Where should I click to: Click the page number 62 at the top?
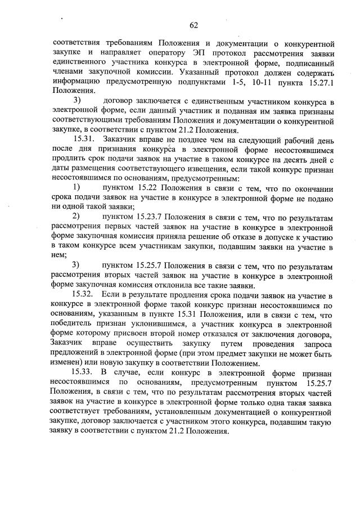tap(193, 25)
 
